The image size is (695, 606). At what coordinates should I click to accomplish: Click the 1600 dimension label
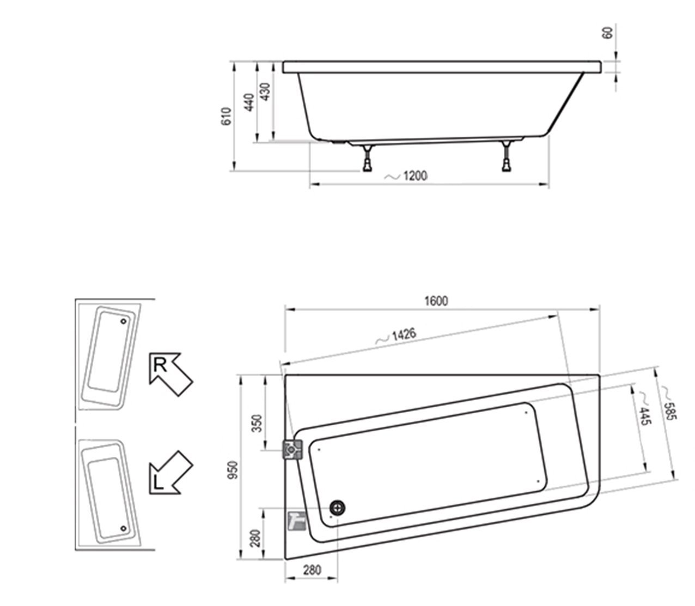click(436, 301)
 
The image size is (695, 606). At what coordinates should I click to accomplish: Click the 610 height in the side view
click(227, 117)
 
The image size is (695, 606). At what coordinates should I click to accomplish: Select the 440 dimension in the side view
click(249, 102)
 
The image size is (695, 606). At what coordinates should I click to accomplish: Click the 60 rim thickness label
click(608, 33)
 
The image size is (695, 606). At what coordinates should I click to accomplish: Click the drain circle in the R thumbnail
click(123, 321)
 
